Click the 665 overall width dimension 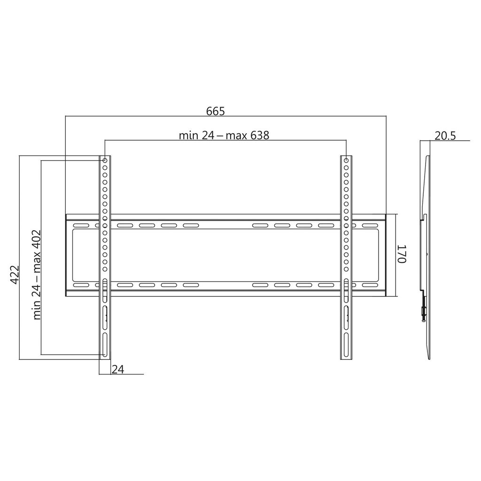[x=215, y=111]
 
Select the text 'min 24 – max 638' [x=224, y=135]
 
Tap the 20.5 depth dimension [x=445, y=136]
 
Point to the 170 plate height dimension [x=402, y=254]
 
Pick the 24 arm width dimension [x=118, y=369]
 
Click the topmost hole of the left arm [x=105, y=161]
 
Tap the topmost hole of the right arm [x=346, y=161]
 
